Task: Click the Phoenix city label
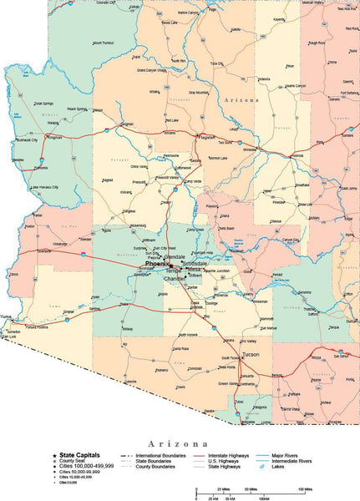tap(157, 264)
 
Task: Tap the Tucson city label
tap(250, 355)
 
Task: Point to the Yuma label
tap(8, 317)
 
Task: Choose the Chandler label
tap(175, 279)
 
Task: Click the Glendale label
tap(175, 256)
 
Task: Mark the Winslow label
tap(251, 150)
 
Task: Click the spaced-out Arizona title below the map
tap(179, 443)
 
